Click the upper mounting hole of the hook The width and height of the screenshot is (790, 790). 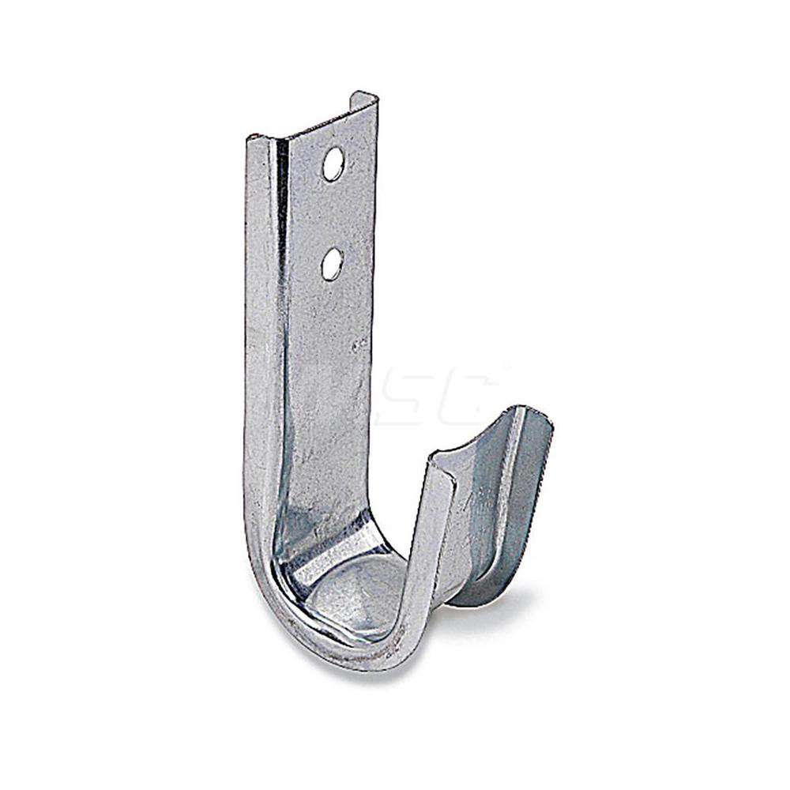click(333, 164)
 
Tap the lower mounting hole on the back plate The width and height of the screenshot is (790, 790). click(332, 264)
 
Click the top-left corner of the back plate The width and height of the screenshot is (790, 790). click(250, 140)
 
